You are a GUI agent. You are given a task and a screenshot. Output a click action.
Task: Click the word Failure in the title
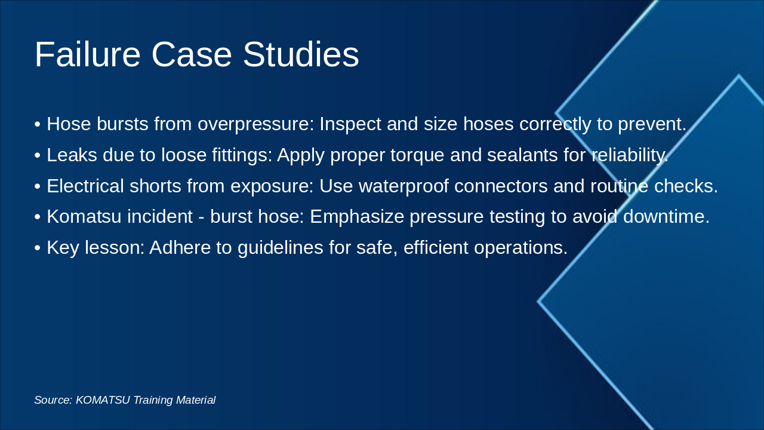point(88,54)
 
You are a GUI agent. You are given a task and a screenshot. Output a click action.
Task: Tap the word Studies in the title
point(301,54)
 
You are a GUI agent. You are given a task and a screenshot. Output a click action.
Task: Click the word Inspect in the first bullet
point(350,124)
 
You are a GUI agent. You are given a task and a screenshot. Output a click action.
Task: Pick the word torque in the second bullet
point(417,156)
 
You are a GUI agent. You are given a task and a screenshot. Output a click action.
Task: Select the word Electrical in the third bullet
point(85,186)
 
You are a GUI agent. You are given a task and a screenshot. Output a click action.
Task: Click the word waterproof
point(403,187)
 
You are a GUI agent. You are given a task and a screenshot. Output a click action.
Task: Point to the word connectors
point(501,186)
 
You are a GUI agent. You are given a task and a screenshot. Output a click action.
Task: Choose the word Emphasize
point(357,217)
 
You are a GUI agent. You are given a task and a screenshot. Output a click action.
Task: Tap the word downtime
point(667,217)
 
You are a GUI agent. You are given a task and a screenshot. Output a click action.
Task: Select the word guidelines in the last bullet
point(281,248)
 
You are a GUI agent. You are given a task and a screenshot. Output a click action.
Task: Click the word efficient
point(436,247)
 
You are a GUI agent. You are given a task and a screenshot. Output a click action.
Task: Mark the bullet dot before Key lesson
point(38,248)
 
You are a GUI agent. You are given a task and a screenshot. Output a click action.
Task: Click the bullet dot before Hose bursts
point(38,124)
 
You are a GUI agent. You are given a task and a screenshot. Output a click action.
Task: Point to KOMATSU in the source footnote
point(103,400)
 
